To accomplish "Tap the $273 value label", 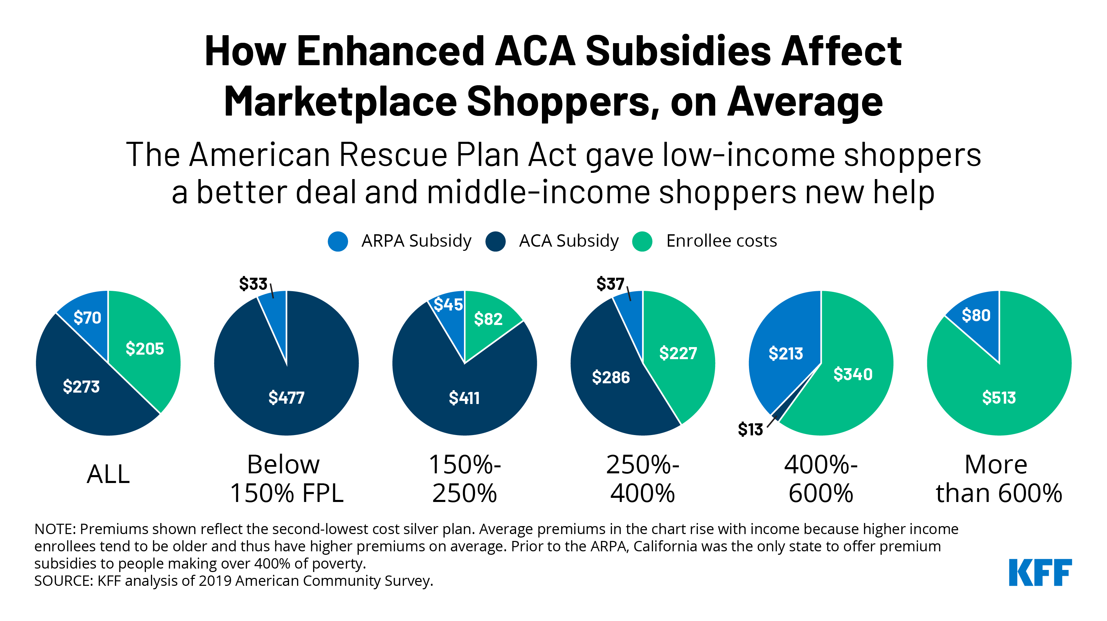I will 81,386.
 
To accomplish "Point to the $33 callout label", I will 253,284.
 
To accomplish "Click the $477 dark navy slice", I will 287,397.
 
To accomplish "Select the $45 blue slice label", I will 448,305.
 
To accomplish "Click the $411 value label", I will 464,398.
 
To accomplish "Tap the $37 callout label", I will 610,284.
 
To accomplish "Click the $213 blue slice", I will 785,353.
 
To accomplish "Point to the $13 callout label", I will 750,429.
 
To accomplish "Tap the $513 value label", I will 999,397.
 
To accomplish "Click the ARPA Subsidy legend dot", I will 338,241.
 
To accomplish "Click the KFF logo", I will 1040,572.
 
